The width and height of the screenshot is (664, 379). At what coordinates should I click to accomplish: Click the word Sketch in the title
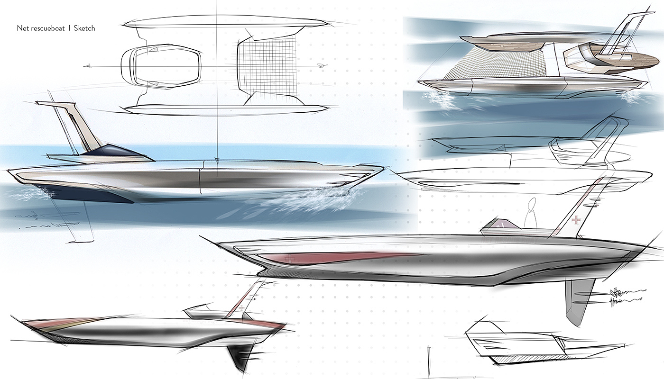84,28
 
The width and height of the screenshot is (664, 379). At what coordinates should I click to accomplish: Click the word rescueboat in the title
47,28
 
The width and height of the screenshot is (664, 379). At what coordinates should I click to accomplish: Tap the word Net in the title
22,28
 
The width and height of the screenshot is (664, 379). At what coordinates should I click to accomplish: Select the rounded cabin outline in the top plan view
161,67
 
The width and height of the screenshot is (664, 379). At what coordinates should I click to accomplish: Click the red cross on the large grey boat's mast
576,221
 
